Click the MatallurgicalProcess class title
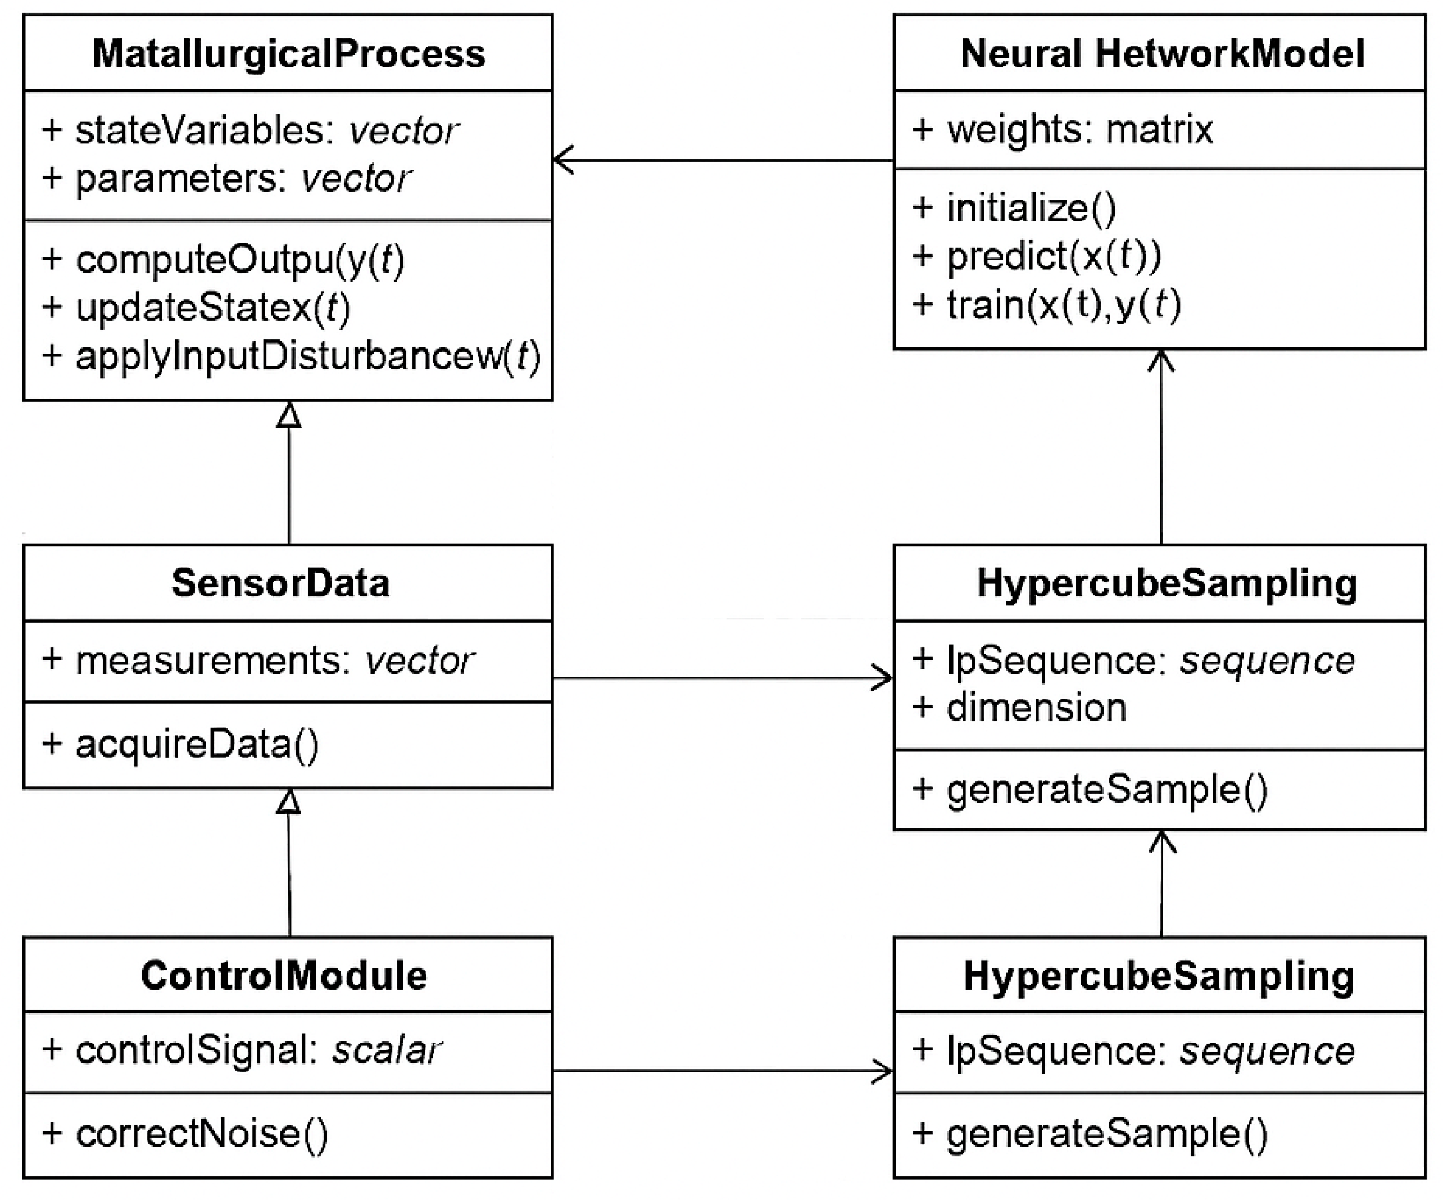(289, 53)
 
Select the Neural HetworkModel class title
(1161, 53)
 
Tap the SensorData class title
(280, 583)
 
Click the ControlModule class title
(284, 975)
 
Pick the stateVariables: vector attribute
(251, 130)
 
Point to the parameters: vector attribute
(227, 179)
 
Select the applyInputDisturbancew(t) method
(292, 356)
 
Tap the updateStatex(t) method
(197, 307)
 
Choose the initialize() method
(1014, 207)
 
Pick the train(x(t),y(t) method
(1046, 305)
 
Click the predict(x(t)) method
(1036, 256)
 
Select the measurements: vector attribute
(258, 660)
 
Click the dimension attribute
(1020, 707)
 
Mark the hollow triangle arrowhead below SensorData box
(289, 801)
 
